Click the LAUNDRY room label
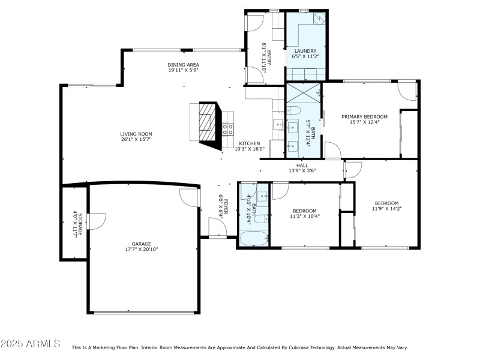[305, 51]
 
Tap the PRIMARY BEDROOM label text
[364, 116]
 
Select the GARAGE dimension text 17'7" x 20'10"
[141, 249]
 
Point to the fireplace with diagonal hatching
[206, 122]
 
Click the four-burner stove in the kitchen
[228, 127]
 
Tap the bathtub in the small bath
[253, 239]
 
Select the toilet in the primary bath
[294, 110]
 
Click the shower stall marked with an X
[304, 93]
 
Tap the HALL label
[301, 165]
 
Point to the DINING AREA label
[183, 65]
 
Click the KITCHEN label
[250, 144]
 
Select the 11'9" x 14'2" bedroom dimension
[386, 209]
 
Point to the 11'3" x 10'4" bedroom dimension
[304, 216]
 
